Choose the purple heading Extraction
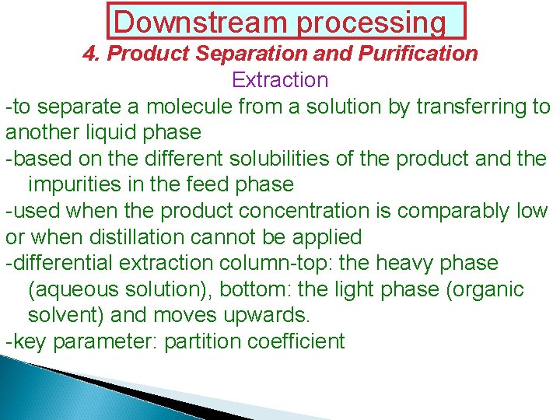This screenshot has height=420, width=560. click(280, 80)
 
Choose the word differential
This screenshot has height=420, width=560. click(62, 264)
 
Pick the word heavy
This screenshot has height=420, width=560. click(405, 264)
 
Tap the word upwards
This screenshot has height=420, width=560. click(268, 316)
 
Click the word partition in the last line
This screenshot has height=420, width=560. click(199, 342)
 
